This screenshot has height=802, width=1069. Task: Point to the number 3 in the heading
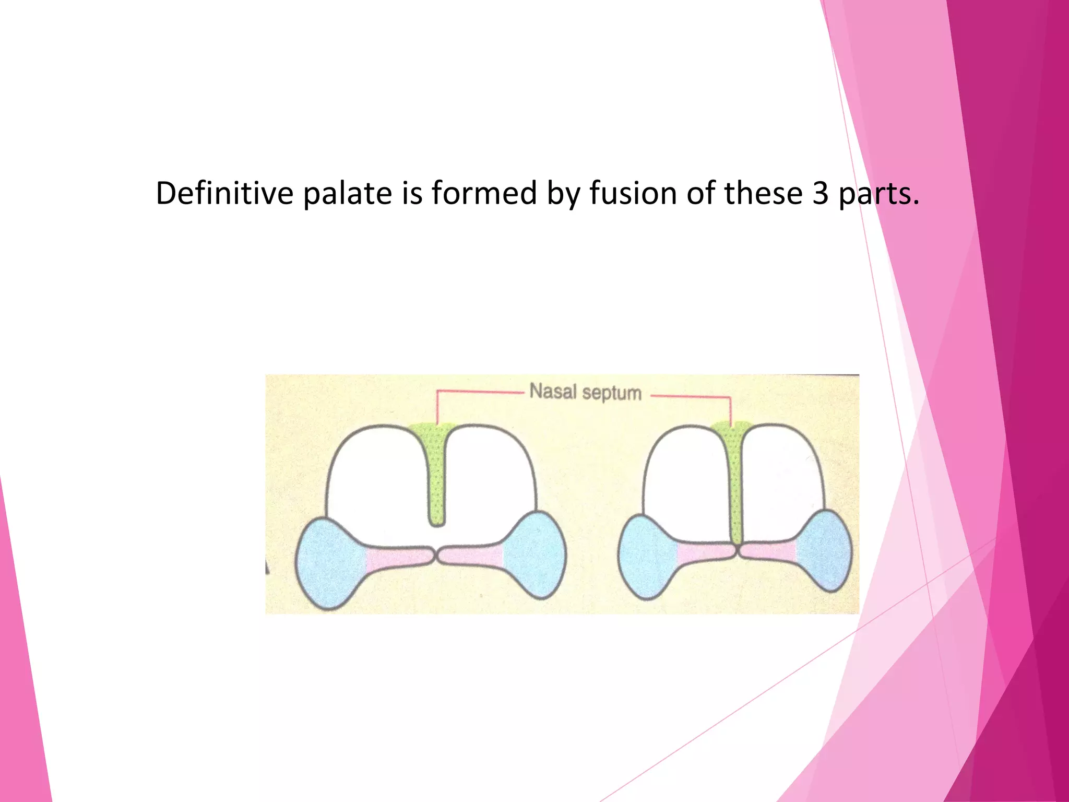tap(821, 193)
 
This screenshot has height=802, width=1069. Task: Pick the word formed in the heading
tap(484, 193)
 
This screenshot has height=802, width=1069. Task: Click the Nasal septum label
tap(585, 392)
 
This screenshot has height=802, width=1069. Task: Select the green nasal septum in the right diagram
tap(735, 480)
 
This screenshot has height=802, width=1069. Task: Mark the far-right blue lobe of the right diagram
tap(825, 551)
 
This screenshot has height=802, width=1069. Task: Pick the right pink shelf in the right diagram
tap(767, 551)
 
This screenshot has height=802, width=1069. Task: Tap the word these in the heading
tap(763, 193)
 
